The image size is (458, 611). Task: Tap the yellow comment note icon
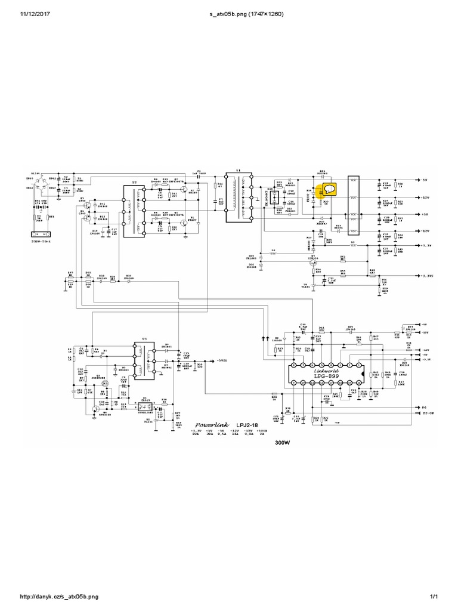coord(328,190)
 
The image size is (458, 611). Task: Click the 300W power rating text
coord(283,443)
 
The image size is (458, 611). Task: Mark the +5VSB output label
coord(222,360)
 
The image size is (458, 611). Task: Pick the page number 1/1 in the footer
coord(434,597)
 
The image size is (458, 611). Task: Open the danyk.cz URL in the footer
coord(59,597)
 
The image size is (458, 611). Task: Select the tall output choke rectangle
coord(354,205)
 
